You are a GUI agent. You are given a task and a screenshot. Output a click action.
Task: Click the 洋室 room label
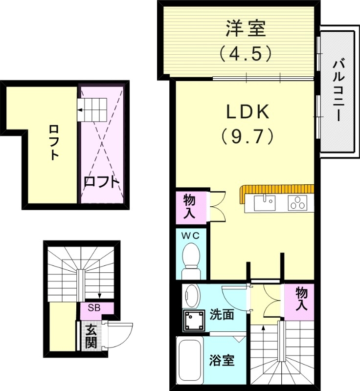pyautogui.click(x=246, y=28)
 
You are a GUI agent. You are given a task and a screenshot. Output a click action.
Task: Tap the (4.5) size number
pyautogui.click(x=246, y=53)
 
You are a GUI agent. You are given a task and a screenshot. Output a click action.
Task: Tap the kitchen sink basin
pyautogui.click(x=267, y=201)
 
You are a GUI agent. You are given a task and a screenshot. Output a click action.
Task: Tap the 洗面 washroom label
pyautogui.click(x=222, y=314)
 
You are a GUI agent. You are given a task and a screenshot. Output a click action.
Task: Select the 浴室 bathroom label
pyautogui.click(x=222, y=362)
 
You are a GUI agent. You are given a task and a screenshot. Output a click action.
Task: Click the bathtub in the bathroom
pyautogui.click(x=190, y=361)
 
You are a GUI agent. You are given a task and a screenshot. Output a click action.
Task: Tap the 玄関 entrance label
pyautogui.click(x=90, y=336)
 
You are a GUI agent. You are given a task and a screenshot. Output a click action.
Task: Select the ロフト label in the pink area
pyautogui.click(x=101, y=182)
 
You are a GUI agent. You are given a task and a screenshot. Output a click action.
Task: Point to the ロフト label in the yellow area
pyautogui.click(x=53, y=142)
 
